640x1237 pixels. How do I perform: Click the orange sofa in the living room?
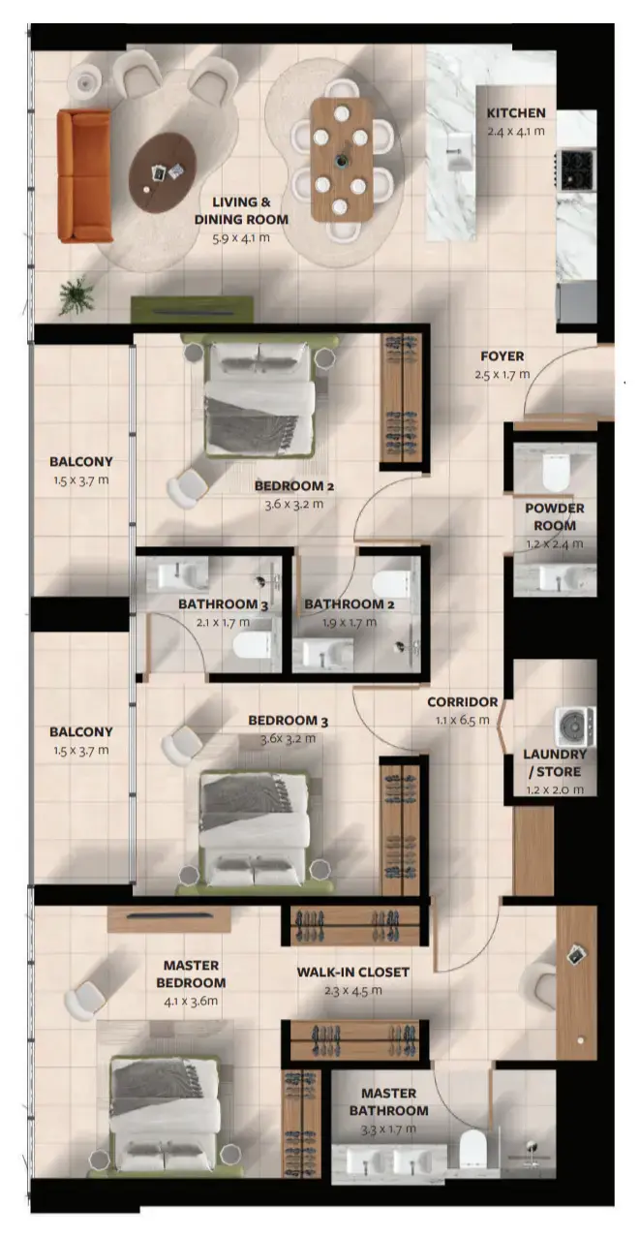[x=84, y=175]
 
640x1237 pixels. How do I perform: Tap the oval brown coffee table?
[x=162, y=172]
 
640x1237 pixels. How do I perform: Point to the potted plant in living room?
[x=76, y=294]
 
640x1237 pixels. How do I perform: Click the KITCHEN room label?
[x=516, y=113]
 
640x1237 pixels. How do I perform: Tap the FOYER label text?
[x=503, y=356]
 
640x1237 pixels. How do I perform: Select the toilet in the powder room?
[x=556, y=473]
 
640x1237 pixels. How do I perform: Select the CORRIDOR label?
[x=463, y=702]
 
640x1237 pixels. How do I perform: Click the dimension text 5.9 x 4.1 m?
[x=250, y=236]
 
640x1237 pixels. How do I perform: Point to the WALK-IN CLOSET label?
[x=352, y=972]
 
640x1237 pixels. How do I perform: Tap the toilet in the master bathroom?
[x=473, y=1150]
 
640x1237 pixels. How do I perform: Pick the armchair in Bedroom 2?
[x=183, y=487]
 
